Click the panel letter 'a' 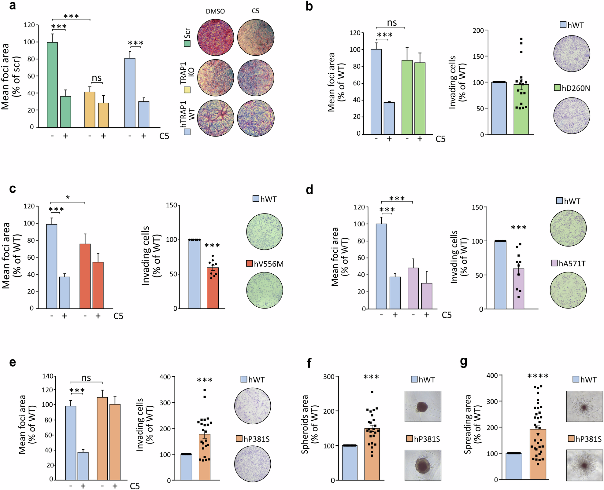point(12,5)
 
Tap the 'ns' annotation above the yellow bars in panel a point(97,78)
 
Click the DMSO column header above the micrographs point(215,11)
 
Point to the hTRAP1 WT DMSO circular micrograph point(216,118)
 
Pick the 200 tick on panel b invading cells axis point(478,30)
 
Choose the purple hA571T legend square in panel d point(554,263)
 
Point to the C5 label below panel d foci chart point(447,315)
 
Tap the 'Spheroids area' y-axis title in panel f point(309,424)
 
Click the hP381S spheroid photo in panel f point(423,465)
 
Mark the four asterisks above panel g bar point(538,376)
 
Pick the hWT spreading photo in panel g point(584,406)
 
